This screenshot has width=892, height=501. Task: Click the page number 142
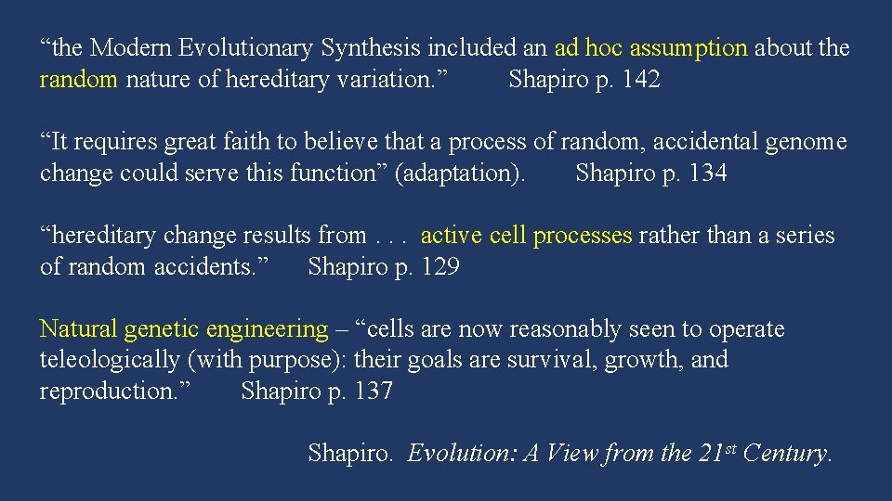641,80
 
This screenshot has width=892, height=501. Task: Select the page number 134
708,173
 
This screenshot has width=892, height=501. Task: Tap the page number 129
440,267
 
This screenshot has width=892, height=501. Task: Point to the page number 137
374,392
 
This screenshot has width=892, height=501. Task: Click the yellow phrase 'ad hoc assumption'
650,48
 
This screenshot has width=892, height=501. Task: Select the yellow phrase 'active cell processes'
526,236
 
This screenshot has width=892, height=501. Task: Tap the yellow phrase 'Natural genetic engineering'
184,329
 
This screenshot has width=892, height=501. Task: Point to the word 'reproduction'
111,392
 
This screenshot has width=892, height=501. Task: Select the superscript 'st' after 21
730,448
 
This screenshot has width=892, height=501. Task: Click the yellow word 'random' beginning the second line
78,80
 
